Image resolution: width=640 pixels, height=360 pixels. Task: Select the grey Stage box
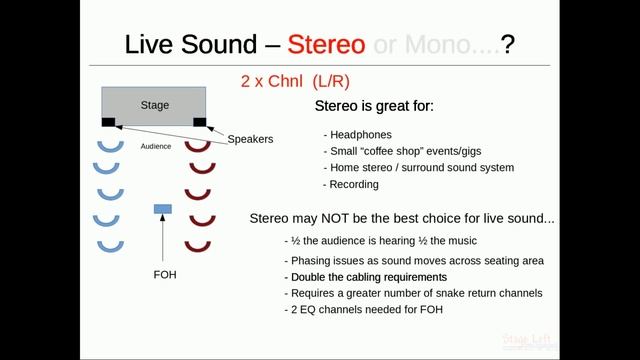point(154,103)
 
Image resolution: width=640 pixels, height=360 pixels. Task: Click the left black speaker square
point(108,123)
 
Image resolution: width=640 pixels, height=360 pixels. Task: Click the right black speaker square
point(200,123)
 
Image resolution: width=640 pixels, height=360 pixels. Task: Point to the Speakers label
point(250,139)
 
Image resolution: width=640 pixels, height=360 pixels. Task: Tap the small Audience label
point(155,146)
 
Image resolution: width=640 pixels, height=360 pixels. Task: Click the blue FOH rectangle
point(162,208)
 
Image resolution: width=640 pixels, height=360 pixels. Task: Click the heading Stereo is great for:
point(374,106)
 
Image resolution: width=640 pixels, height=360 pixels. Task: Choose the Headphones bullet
point(357,135)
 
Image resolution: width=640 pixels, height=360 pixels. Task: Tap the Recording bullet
point(351,184)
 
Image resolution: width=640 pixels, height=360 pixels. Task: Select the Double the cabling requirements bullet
point(367,277)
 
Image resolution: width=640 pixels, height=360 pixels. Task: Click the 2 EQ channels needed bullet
point(366,309)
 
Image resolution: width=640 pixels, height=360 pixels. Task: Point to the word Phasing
point(310,261)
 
